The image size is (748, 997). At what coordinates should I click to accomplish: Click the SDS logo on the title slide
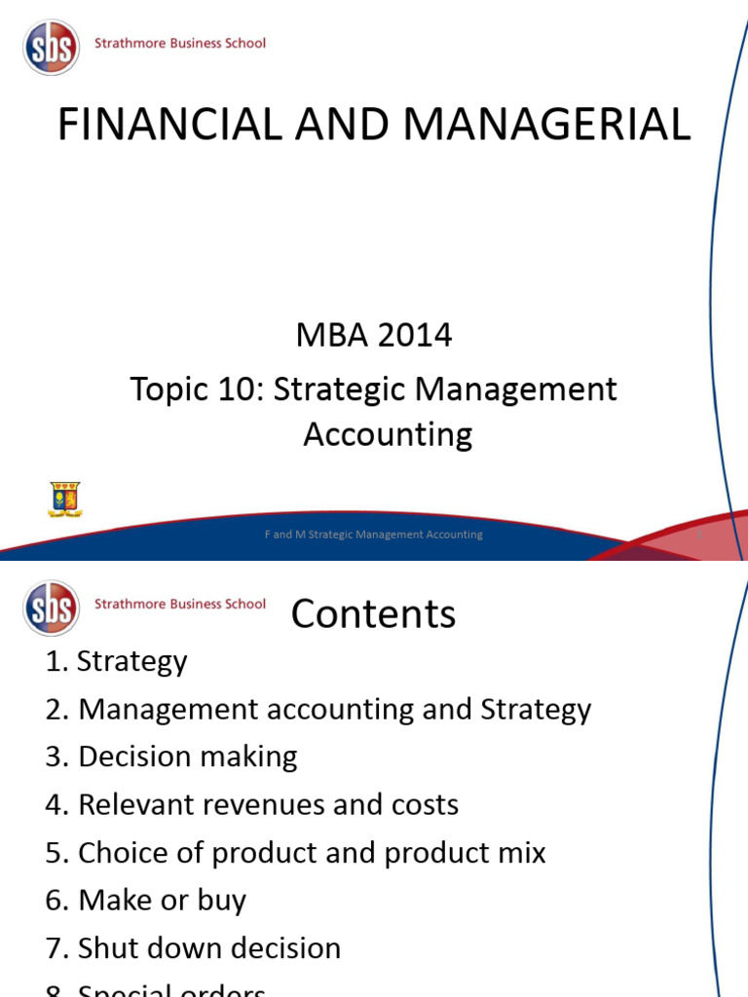point(51,47)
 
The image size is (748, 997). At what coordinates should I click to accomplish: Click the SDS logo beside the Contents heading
point(51,608)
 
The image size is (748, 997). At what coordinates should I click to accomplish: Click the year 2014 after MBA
point(414,336)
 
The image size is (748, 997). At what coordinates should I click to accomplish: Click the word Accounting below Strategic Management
point(388,434)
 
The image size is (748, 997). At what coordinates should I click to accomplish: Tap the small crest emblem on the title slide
point(64,499)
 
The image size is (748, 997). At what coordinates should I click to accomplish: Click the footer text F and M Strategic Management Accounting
point(374,535)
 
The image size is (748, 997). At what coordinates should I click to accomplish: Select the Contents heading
point(373,614)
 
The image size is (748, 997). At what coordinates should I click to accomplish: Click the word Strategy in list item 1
point(131,662)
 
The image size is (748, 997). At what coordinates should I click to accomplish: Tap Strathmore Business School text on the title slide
point(180,43)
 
